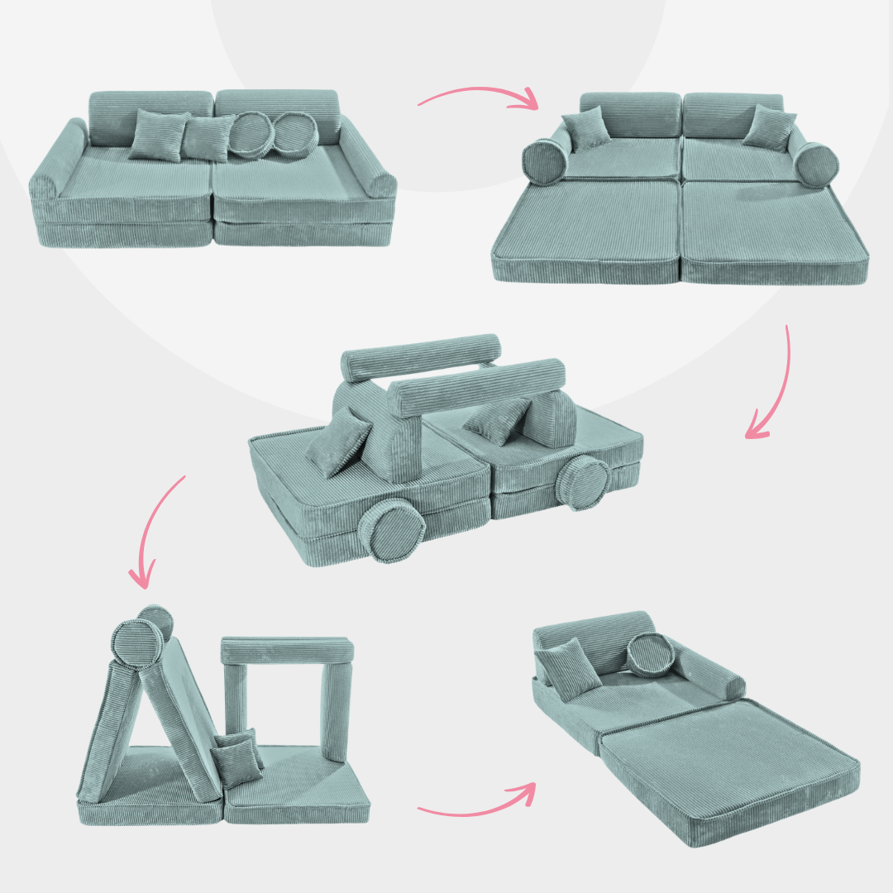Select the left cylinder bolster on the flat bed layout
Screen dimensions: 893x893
click(x=546, y=160)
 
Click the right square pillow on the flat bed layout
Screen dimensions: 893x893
click(x=770, y=126)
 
